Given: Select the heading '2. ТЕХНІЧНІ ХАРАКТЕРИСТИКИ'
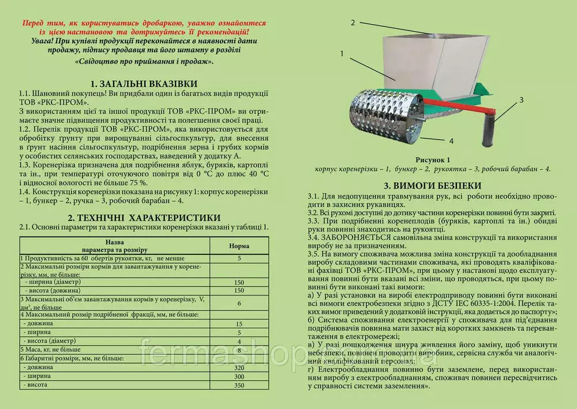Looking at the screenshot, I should [144, 217].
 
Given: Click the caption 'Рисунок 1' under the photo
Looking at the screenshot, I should [432, 159].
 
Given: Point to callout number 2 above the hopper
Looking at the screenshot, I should [352, 22].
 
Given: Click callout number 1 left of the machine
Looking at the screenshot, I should [342, 53].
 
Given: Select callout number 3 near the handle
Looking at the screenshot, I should [520, 100].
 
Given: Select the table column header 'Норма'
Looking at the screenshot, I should [238, 246].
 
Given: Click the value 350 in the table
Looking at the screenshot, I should [238, 385].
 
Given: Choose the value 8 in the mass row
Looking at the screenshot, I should [238, 350].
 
